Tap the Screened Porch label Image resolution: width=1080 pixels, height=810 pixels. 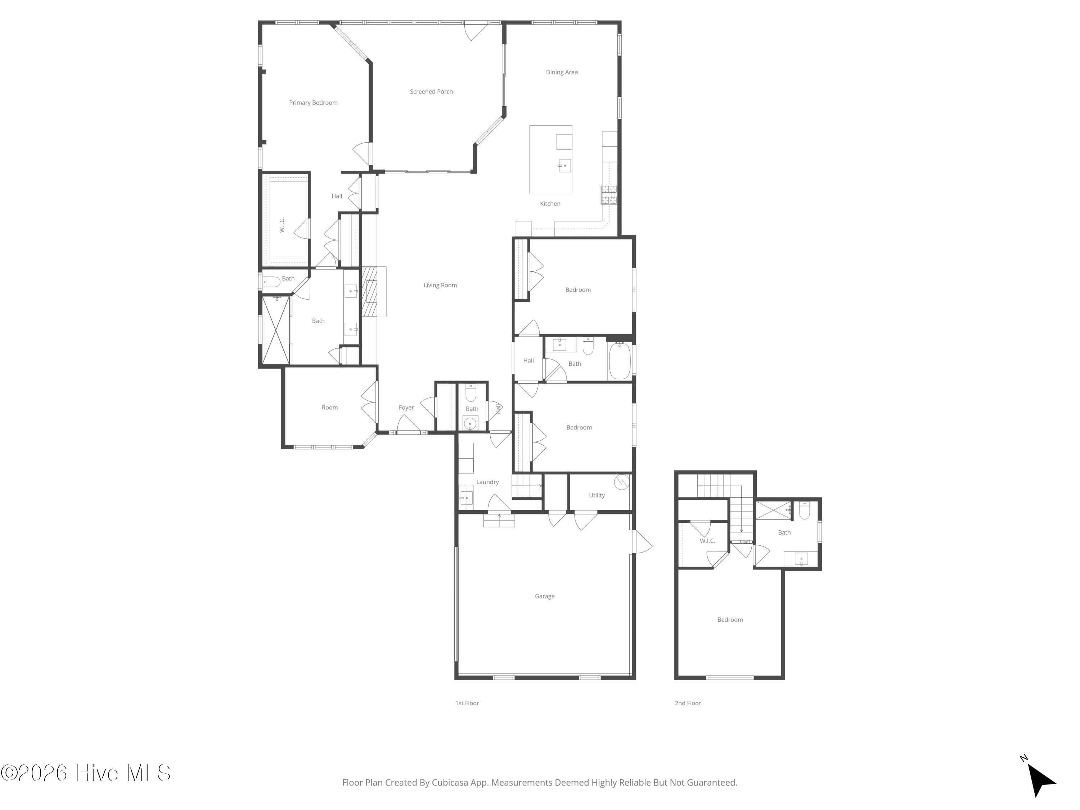431,91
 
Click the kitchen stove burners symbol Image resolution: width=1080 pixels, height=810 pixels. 609,194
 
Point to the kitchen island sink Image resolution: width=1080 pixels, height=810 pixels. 564,166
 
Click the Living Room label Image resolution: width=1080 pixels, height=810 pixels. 440,285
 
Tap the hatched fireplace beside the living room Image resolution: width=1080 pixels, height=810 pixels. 370,292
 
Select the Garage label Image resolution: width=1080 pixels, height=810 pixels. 544,596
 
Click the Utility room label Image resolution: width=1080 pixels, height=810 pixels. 597,495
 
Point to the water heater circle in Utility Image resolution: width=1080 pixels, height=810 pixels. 621,482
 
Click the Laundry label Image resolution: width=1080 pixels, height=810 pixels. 487,482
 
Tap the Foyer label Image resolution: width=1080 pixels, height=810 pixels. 406,408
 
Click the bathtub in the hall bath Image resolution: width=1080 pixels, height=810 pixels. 620,360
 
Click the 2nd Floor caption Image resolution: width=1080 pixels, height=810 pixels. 688,703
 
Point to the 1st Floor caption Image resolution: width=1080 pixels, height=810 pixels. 467,703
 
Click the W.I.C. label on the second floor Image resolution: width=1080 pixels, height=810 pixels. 707,541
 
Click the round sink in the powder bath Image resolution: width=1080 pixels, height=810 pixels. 470,423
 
